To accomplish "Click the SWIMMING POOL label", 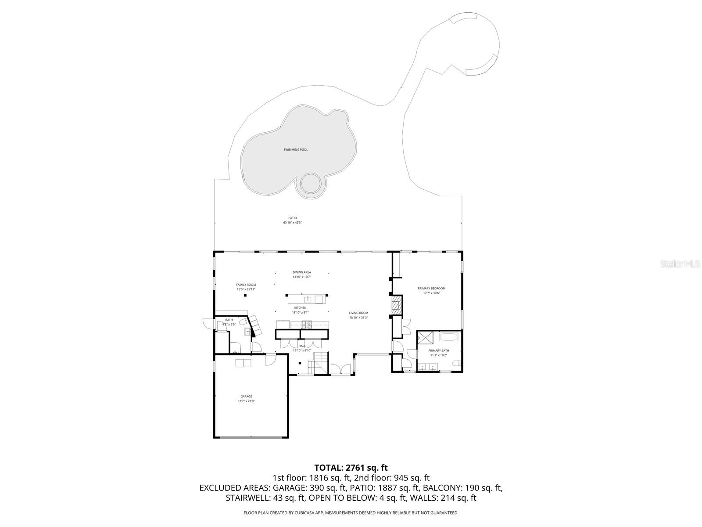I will point(295,150).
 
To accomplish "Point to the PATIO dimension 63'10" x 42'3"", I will point(292,223).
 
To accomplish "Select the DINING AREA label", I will point(302,272).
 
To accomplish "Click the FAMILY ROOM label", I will point(246,285).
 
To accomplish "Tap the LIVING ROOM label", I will point(358,313).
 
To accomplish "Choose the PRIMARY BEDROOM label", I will point(431,289).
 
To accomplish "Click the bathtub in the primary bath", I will point(448,338).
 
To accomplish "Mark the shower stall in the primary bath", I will point(425,338).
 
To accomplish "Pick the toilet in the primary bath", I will point(457,363).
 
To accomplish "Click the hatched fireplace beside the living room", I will point(397,305).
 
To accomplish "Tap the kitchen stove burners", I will point(307,325).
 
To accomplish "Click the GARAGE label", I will point(246,397).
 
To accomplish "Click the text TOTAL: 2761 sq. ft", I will point(351,468).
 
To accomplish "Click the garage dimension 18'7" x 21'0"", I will point(246,401).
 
